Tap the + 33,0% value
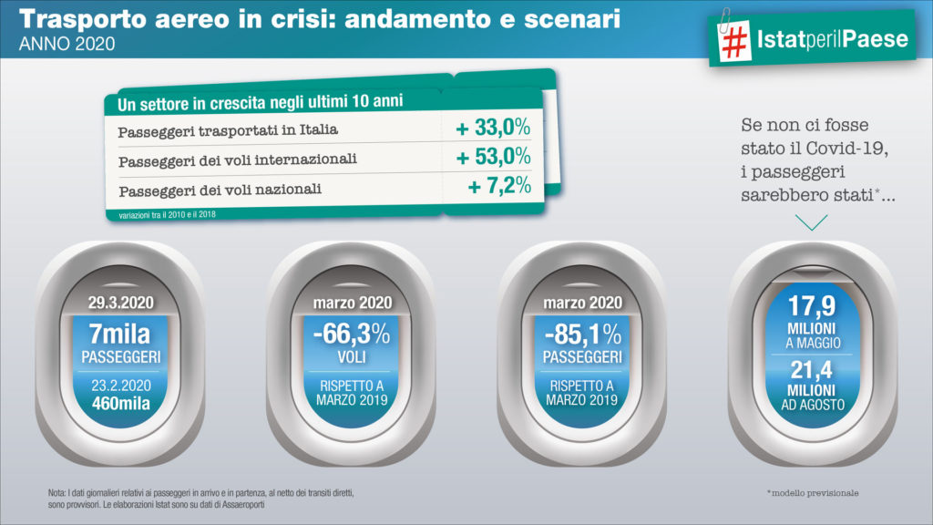pos(493,127)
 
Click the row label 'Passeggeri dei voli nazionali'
pos(221,190)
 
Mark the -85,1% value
pos(582,334)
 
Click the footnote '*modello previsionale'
pos(814,493)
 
